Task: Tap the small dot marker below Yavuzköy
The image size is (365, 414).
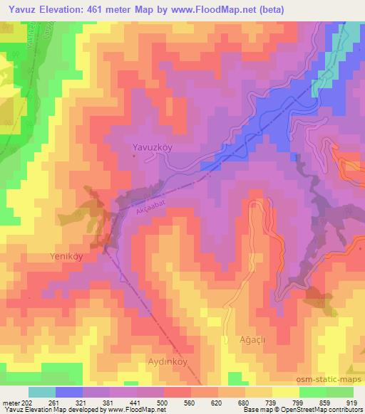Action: click(140, 156)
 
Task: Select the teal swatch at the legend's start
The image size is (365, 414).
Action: click(42, 392)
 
